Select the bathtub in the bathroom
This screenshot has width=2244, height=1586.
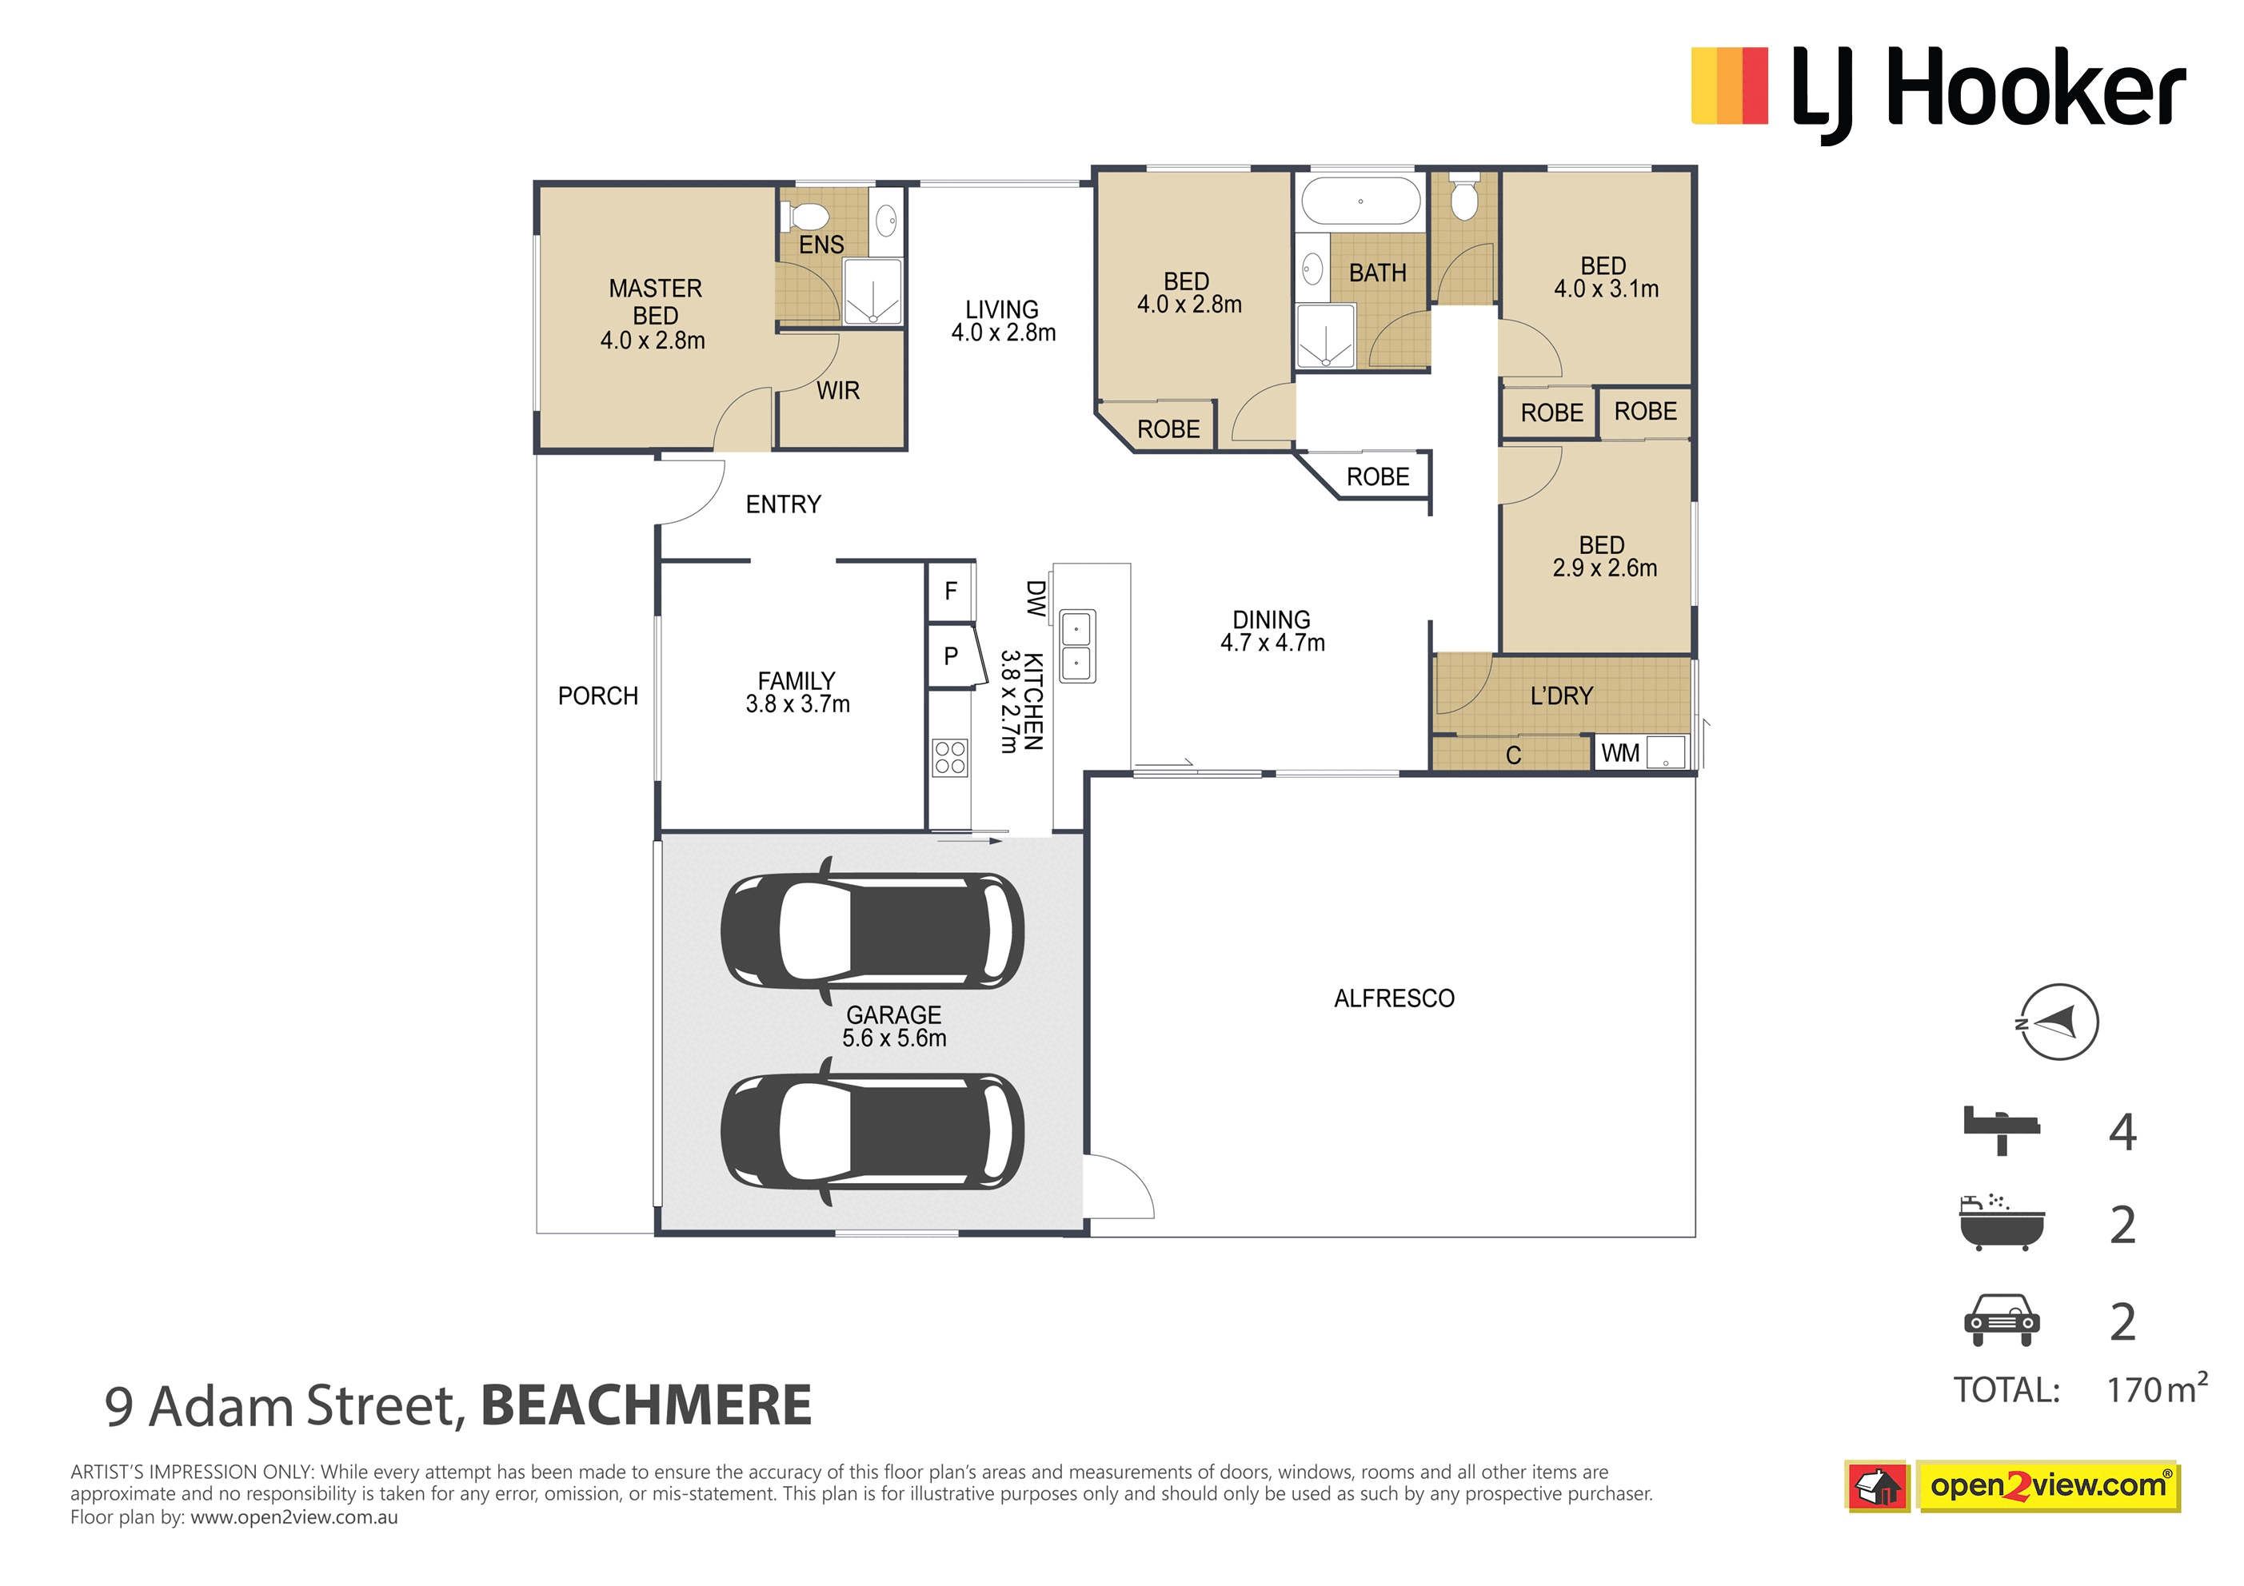tap(1360, 201)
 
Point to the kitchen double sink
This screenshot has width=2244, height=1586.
tap(1077, 645)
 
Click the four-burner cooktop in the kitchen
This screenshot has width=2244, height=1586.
tap(950, 757)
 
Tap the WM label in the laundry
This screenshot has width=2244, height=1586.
tap(1620, 753)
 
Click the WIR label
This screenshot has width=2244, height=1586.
tap(837, 391)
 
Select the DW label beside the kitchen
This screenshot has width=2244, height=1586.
tap(1035, 598)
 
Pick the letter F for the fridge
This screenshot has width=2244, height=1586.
tap(951, 592)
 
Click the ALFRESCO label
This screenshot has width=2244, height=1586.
tap(1394, 998)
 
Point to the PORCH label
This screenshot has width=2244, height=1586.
tap(597, 695)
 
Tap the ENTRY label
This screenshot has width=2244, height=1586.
tap(783, 504)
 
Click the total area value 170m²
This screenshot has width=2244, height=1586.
tap(2157, 1388)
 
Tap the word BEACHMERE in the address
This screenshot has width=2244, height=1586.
tap(646, 1405)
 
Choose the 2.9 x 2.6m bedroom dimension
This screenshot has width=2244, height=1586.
tap(1605, 568)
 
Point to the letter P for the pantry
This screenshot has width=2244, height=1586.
tap(951, 656)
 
